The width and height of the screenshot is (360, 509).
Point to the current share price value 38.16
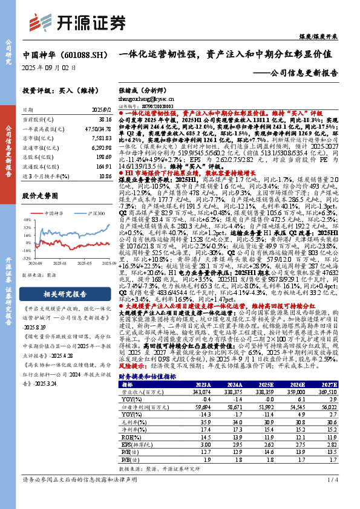coord(105,120)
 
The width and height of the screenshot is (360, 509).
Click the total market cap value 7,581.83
coord(101,138)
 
